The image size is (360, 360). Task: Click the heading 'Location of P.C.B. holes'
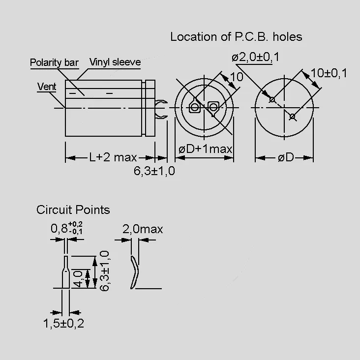pyautogui.click(x=236, y=37)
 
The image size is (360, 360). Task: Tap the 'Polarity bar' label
pyautogui.click(x=54, y=62)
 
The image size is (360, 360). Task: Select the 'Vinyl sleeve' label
pyautogui.click(x=115, y=62)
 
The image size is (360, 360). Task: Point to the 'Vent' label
pyautogui.click(x=47, y=87)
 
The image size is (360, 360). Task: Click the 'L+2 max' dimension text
pyautogui.click(x=113, y=157)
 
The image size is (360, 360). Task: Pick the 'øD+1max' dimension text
pyautogui.click(x=205, y=149)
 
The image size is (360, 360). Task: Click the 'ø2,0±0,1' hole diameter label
pyautogui.click(x=255, y=57)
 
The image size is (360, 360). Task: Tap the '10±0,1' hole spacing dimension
pyautogui.click(x=329, y=73)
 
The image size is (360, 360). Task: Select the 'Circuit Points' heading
pyautogui.click(x=73, y=210)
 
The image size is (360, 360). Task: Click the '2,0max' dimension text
pyautogui.click(x=143, y=229)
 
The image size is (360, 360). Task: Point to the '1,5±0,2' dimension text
pyautogui.click(x=63, y=323)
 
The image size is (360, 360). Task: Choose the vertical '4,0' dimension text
pyautogui.click(x=78, y=279)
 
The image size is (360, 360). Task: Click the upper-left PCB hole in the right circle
pyautogui.click(x=272, y=100)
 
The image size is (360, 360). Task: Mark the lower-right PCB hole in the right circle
pyautogui.click(x=292, y=117)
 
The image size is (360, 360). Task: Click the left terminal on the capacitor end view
pyautogui.click(x=194, y=107)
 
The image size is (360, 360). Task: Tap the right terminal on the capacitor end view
pyautogui.click(x=213, y=107)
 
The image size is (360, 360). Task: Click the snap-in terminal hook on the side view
pyautogui.click(x=161, y=110)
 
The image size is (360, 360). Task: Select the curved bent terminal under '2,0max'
pyautogui.click(x=135, y=272)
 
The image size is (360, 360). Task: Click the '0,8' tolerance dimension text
pyautogui.click(x=66, y=228)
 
